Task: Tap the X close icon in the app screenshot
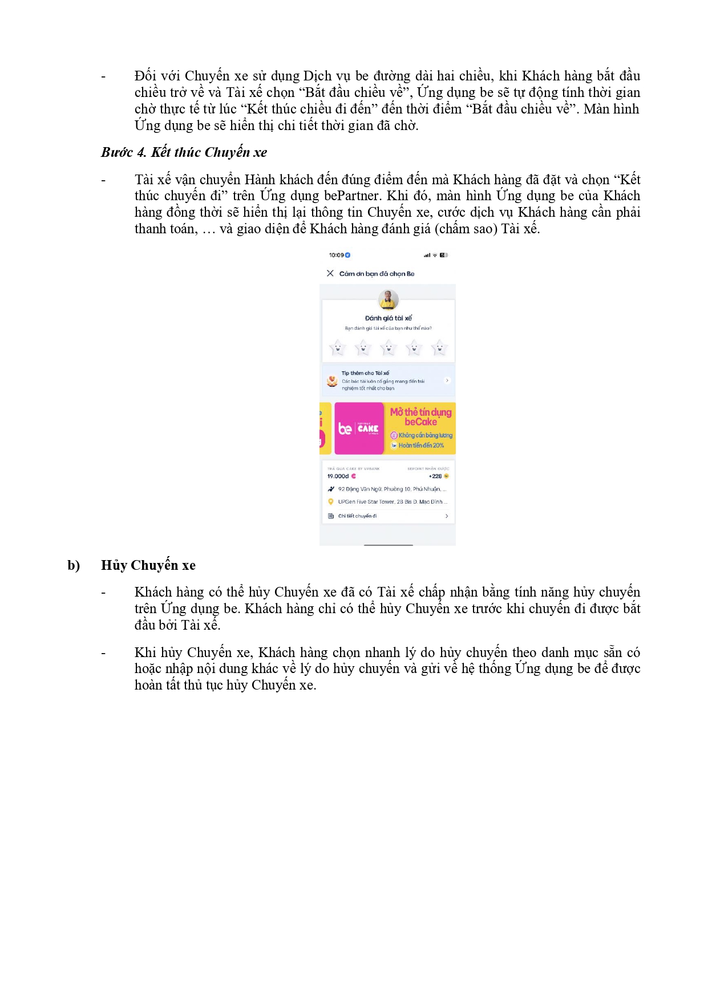[x=330, y=273]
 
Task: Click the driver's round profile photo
[x=389, y=298]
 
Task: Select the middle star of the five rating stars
[x=389, y=347]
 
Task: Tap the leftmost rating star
[x=337, y=347]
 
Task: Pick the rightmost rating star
[x=439, y=347]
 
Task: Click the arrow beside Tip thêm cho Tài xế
[x=447, y=380]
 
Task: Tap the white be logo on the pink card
[x=345, y=428]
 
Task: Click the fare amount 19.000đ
[x=338, y=476]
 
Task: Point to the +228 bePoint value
[x=436, y=476]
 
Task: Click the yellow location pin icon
[x=330, y=502]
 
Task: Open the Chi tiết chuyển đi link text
[x=358, y=516]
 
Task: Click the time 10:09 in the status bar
[x=337, y=255]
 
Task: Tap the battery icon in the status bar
[x=444, y=255]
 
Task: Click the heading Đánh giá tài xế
[x=389, y=318]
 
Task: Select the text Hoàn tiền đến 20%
[x=421, y=445]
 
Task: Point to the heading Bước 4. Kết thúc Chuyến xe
[x=184, y=152]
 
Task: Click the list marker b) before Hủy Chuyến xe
[x=74, y=565]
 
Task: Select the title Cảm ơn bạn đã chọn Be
[x=377, y=274]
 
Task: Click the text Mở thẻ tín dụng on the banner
[x=420, y=412]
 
